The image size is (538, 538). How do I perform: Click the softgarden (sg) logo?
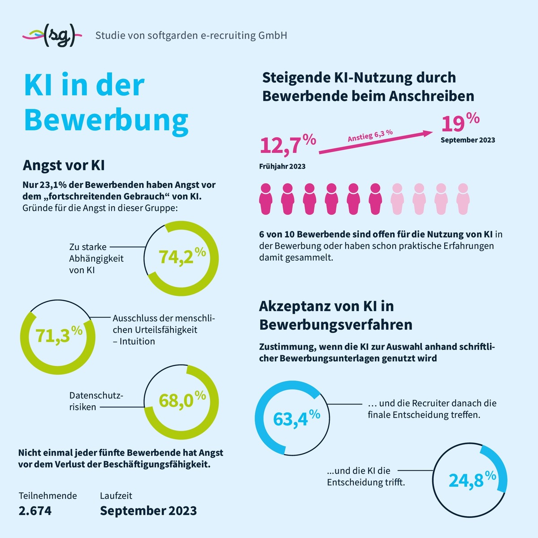[x=52, y=35]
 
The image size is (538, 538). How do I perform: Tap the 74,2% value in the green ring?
[x=182, y=256]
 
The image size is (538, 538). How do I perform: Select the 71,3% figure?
[x=59, y=334]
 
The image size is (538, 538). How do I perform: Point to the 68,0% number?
[x=182, y=399]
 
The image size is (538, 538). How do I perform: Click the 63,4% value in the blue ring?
[x=296, y=418]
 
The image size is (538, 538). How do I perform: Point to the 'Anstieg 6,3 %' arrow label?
[x=370, y=135]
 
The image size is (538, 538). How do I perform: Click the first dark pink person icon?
[x=266, y=199]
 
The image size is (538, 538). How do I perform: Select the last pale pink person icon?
[x=463, y=199]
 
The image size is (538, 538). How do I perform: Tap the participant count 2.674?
[x=35, y=511]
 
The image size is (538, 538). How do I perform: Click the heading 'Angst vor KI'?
[x=64, y=165]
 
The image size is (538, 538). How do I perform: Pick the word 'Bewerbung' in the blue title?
[x=106, y=120]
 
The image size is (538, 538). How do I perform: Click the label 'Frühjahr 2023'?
[x=282, y=166]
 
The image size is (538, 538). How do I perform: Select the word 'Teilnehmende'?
[x=48, y=496]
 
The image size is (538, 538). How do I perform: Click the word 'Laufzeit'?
[x=116, y=496]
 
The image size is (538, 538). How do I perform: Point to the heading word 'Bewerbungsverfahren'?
[x=336, y=325]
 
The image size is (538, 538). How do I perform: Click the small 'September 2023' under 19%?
[x=468, y=140]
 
